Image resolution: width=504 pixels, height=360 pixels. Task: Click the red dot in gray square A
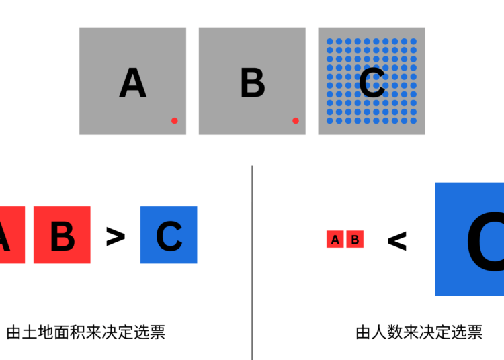point(175,120)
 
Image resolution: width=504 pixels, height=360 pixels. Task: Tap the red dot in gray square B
point(296,120)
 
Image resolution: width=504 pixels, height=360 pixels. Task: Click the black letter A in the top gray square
point(133,83)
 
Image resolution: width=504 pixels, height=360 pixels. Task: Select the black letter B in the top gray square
point(253,83)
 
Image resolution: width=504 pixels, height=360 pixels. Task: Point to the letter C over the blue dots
point(372,83)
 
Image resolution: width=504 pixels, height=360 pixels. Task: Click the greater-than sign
point(116,236)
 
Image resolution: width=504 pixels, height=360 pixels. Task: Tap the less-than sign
point(397,241)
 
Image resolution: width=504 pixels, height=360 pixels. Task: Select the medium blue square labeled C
point(169,235)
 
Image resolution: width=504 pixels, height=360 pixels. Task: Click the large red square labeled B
point(62,235)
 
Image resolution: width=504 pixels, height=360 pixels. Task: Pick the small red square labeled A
point(335,239)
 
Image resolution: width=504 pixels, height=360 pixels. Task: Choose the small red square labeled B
point(355,239)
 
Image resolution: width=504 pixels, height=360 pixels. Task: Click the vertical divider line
point(252,263)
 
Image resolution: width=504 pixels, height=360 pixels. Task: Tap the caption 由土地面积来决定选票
point(86,332)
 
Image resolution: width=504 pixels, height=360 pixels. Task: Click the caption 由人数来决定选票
point(419,332)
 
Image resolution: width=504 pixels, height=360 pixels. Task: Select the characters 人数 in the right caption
point(387,332)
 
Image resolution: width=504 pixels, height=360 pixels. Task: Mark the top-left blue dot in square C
point(330,42)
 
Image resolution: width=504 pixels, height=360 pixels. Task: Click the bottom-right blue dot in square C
point(414,120)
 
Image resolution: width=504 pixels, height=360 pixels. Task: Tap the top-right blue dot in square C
point(414,42)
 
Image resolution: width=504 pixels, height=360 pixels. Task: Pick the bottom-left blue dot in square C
point(330,120)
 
